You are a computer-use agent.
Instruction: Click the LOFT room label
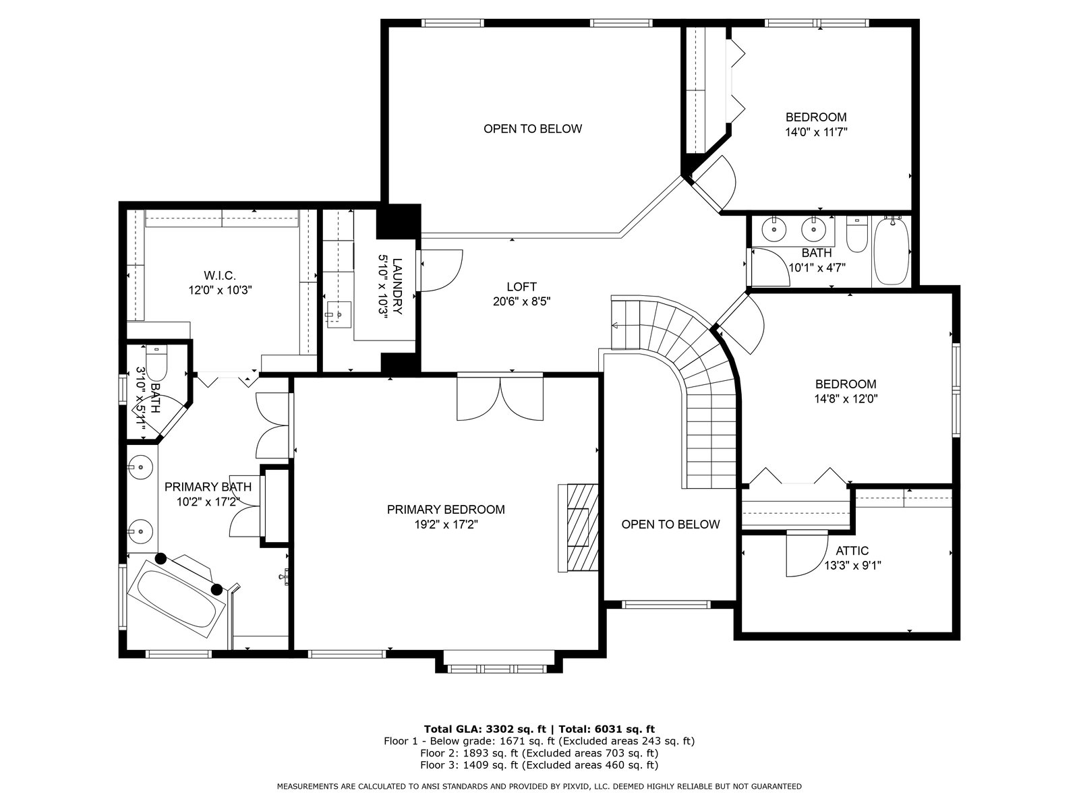click(521, 287)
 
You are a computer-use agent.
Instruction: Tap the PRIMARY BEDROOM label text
click(446, 510)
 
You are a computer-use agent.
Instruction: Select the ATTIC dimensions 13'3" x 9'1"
click(852, 566)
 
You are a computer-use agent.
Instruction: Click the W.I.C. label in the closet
click(220, 275)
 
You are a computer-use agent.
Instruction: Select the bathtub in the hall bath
click(892, 251)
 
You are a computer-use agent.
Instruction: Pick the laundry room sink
click(339, 314)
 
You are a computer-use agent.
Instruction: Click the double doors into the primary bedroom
click(500, 398)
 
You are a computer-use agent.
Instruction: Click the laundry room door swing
click(441, 270)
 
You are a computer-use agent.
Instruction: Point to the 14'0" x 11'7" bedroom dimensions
click(816, 132)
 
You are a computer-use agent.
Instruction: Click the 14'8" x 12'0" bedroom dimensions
click(846, 399)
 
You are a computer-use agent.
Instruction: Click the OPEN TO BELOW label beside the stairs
click(670, 524)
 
